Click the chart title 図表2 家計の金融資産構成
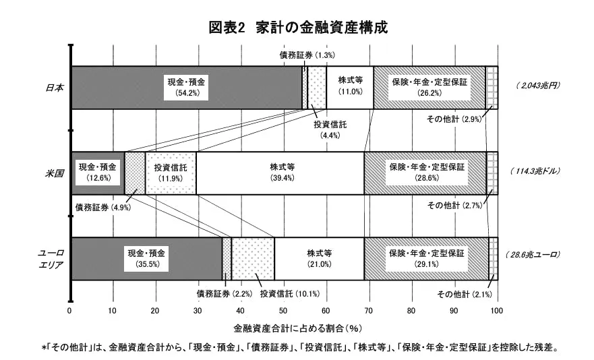click(297, 28)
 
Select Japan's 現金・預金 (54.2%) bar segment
click(186, 87)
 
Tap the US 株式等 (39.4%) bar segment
click(279, 173)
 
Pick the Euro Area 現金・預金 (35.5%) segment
click(146, 259)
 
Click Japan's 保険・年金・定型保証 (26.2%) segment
click(429, 87)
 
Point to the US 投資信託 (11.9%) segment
click(171, 173)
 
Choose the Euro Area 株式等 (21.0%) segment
click(319, 259)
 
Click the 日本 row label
click(55, 87)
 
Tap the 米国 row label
click(55, 173)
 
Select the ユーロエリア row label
click(51, 258)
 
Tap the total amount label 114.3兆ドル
click(535, 171)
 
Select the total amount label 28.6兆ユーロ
click(533, 256)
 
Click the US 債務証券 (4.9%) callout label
click(102, 206)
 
